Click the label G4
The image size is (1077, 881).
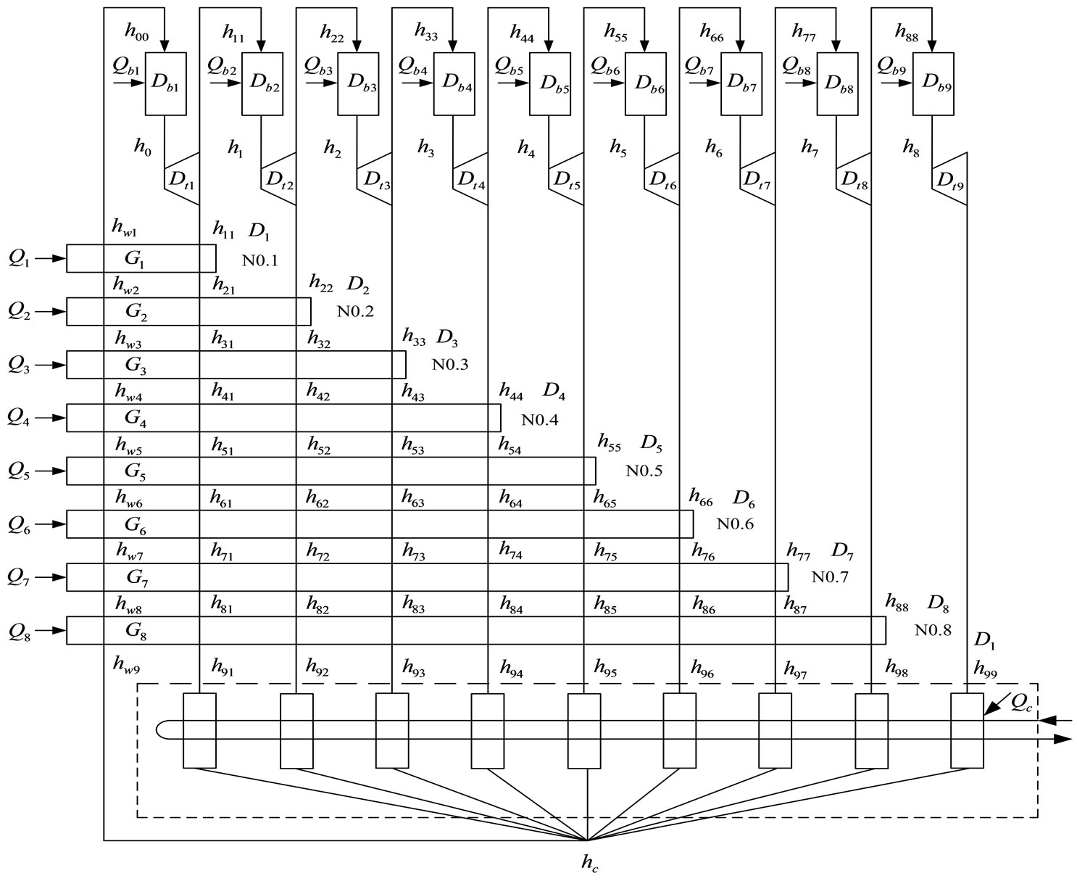[136, 418]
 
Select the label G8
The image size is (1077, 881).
[136, 631]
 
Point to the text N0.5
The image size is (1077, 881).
[644, 471]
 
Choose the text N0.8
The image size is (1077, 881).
[932, 630]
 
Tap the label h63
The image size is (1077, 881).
[413, 500]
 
